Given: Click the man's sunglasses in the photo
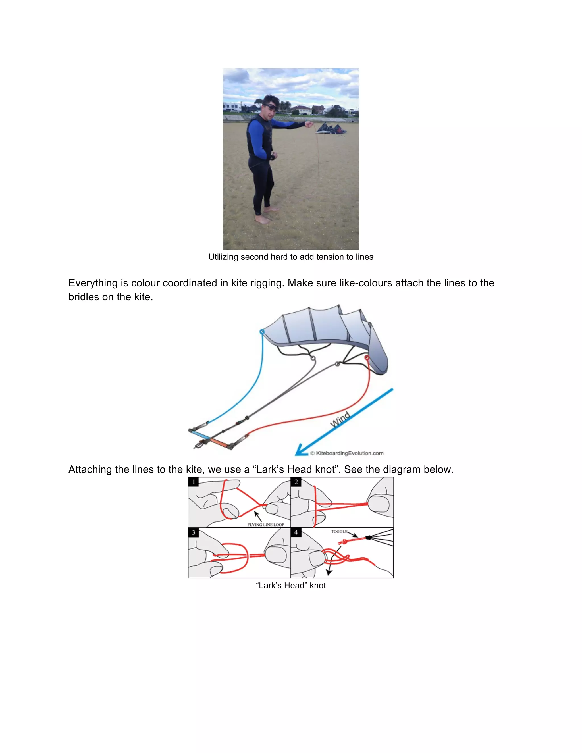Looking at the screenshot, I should pyautogui.click(x=269, y=106).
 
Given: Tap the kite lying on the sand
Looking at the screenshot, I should pyautogui.click(x=331, y=129).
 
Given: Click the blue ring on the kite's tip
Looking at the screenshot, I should pyautogui.click(x=262, y=332).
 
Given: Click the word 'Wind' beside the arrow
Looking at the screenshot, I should pyautogui.click(x=340, y=420).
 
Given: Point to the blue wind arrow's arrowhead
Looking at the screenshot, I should pyautogui.click(x=300, y=451).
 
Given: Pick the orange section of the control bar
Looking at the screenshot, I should pyautogui.click(x=218, y=442).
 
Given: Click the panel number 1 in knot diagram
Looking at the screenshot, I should pyautogui.click(x=194, y=482).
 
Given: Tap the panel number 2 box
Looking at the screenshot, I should pyautogui.click(x=296, y=482).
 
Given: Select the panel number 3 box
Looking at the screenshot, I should pyautogui.click(x=194, y=532).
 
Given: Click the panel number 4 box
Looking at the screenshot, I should pyautogui.click(x=296, y=532).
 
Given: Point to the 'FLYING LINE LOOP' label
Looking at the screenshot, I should pyautogui.click(x=265, y=525).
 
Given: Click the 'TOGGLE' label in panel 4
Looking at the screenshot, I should pyautogui.click(x=339, y=531).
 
